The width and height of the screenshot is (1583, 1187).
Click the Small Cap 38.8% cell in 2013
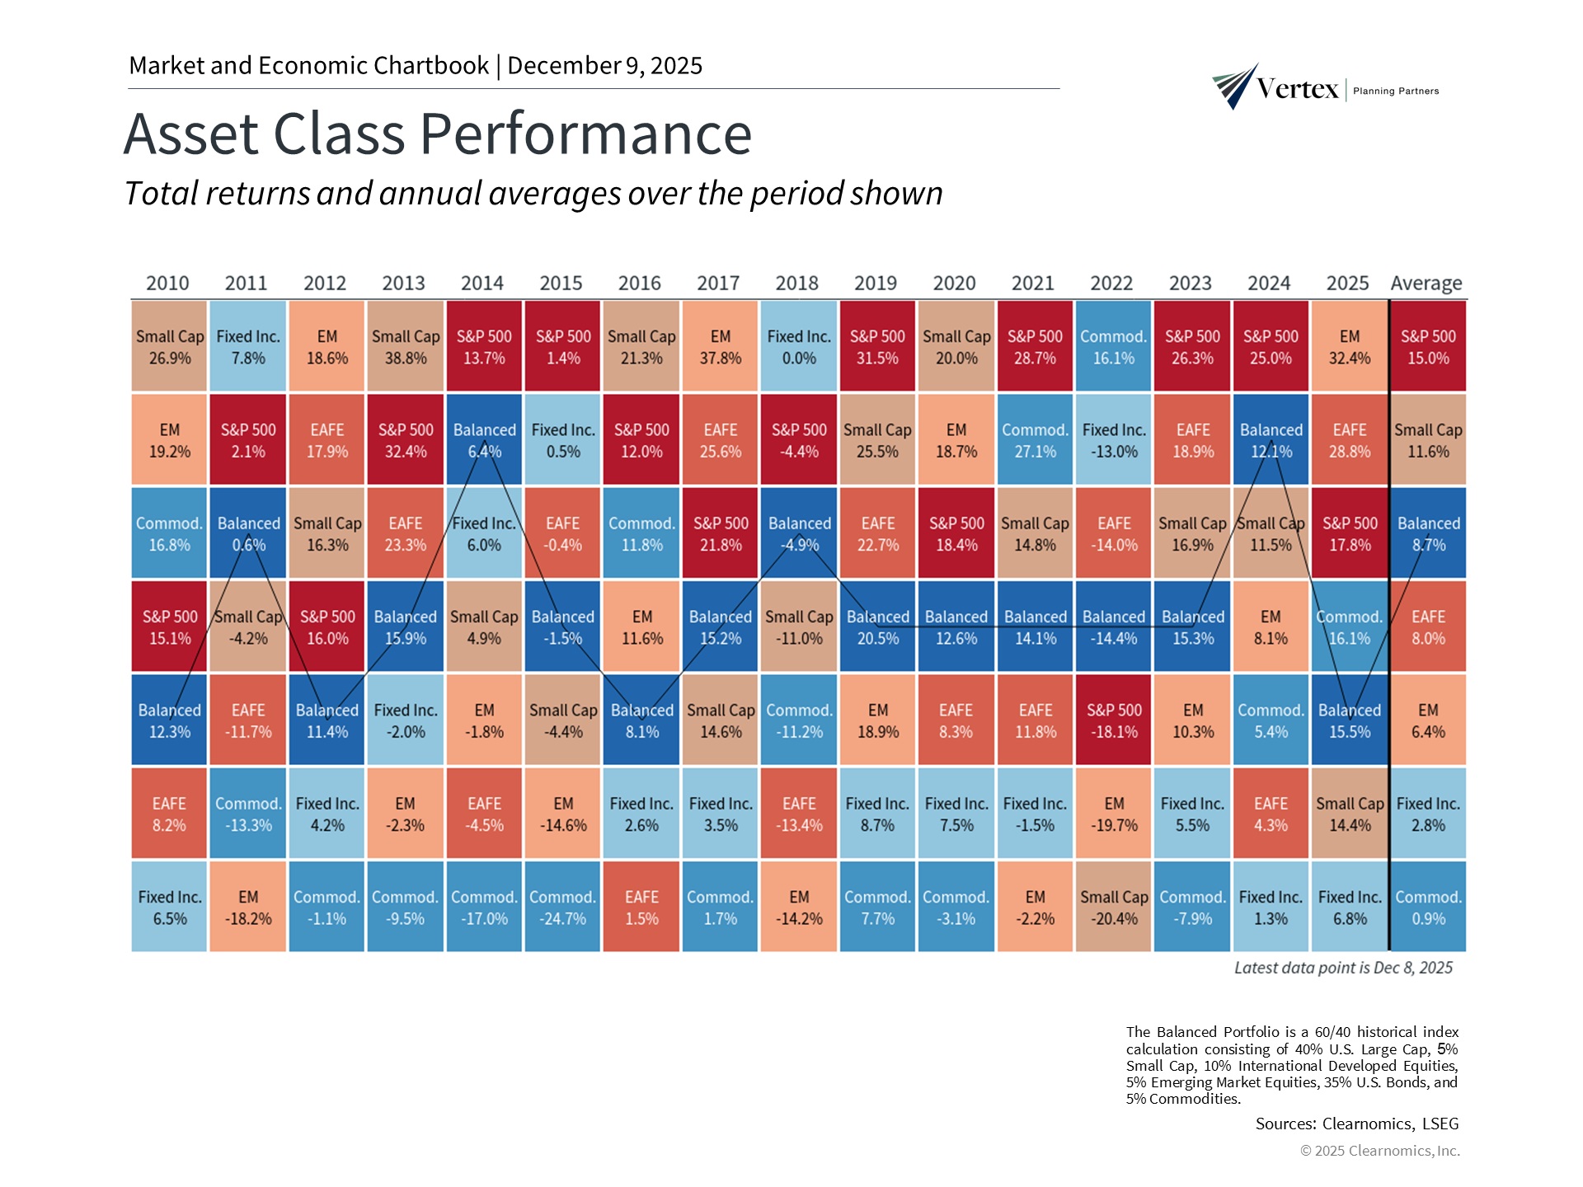tap(405, 346)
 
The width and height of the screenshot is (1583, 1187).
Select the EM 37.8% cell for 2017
tap(720, 346)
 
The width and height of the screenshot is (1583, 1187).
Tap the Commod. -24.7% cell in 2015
tap(562, 907)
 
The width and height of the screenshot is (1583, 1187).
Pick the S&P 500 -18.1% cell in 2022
tap(1113, 720)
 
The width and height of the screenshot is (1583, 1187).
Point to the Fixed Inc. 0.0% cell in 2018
tap(798, 346)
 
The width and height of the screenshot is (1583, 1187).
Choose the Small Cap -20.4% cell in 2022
tap(1113, 907)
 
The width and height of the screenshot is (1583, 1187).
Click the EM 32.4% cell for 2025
tap(1349, 346)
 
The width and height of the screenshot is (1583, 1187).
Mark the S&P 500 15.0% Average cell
tap(1428, 346)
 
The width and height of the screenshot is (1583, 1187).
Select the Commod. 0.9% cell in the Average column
tap(1428, 907)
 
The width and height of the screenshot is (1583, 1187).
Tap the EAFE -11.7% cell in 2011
tap(247, 720)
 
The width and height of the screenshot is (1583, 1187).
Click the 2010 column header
tap(167, 283)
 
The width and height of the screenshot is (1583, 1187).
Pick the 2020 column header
tap(954, 283)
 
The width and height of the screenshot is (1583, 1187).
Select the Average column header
tap(1426, 283)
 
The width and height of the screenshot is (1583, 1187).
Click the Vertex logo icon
tap(1234, 86)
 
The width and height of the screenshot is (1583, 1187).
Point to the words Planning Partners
tap(1396, 91)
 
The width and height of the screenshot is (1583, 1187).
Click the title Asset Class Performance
tap(438, 134)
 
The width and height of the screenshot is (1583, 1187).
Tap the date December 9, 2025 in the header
tap(604, 65)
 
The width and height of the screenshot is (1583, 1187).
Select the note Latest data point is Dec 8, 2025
tap(1343, 968)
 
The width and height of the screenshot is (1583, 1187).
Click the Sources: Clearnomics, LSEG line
tap(1356, 1124)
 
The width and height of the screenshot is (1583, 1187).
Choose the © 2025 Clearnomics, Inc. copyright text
tap(1379, 1151)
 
